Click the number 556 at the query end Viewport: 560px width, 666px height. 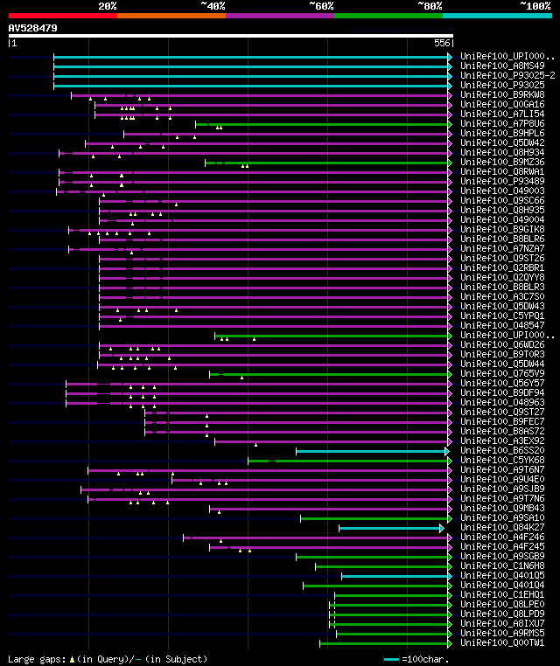point(443,43)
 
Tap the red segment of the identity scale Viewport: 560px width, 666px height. point(62,15)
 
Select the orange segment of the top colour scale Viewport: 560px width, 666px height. point(171,15)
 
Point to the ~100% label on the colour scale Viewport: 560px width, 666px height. point(535,5)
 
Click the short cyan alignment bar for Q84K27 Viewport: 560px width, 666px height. point(390,528)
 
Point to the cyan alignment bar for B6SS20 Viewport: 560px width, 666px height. point(372,451)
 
